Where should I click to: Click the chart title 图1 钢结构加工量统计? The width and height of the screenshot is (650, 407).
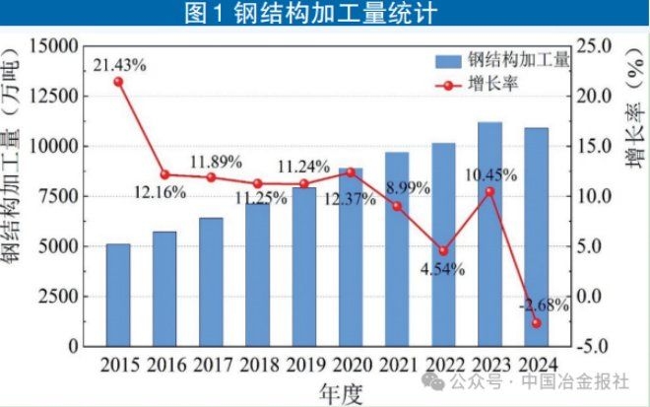325,14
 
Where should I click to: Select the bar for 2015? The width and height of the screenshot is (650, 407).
118,295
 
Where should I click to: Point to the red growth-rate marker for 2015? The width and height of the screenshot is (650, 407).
118,82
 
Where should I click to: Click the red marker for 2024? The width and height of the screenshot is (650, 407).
536,323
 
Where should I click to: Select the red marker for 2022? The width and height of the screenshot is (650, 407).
443,251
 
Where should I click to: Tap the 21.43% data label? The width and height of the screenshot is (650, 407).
120,65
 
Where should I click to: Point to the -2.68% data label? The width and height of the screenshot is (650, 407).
543,305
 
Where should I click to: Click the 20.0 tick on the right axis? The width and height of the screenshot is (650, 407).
597,97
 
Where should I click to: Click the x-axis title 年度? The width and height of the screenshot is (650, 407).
341,392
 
